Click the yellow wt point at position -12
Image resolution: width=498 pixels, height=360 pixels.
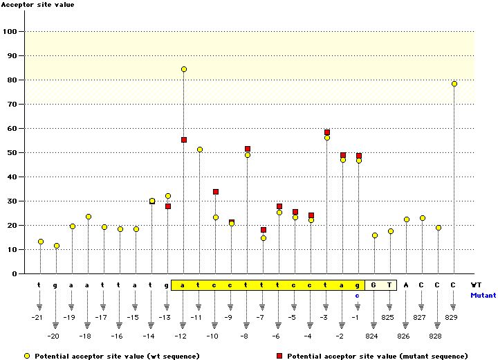coord(184,69)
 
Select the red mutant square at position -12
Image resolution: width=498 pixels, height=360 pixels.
coord(184,140)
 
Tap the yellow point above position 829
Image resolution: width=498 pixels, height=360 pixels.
coord(454,84)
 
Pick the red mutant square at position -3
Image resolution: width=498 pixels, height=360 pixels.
coord(327,132)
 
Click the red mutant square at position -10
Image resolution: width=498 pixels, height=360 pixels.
coord(216,192)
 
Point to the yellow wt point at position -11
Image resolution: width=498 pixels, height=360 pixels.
coord(200,150)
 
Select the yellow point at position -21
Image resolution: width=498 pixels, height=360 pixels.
coord(41,242)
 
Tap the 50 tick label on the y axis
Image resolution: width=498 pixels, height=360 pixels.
coord(12,152)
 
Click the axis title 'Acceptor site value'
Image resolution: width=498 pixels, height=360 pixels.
coord(38,5)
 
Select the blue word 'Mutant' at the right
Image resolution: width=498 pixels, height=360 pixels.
coord(483,296)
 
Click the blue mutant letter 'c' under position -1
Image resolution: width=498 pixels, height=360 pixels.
coord(358,296)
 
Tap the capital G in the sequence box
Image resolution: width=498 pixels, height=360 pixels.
coord(373,285)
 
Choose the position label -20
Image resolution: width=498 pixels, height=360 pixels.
coord(53,336)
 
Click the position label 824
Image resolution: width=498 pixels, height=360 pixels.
coord(371,336)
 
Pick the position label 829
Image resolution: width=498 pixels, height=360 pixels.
coord(451,317)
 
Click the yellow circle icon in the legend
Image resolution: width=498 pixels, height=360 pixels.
coord(27,356)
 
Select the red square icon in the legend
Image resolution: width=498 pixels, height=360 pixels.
coord(279,356)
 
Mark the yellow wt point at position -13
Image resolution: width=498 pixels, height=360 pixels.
coord(168,196)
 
